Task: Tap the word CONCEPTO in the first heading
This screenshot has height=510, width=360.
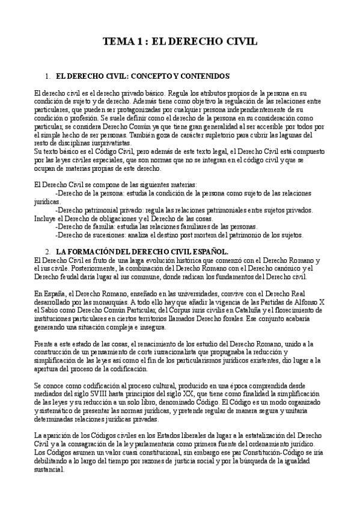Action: click(x=150, y=77)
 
